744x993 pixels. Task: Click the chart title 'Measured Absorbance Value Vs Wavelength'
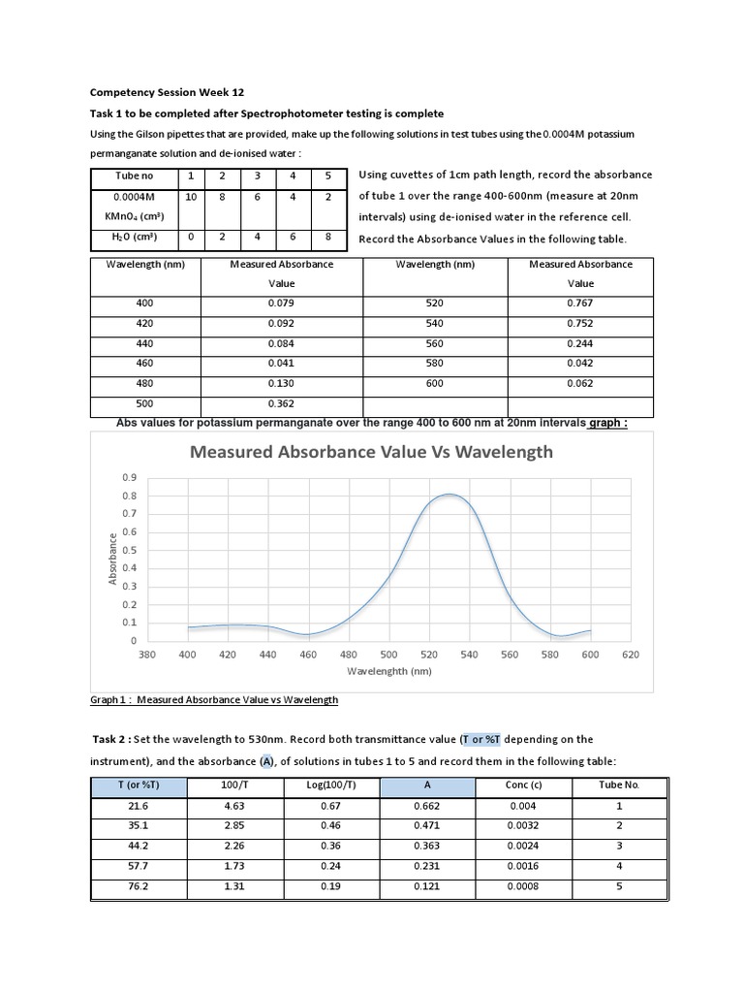(x=371, y=451)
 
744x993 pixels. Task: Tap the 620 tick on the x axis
(x=631, y=654)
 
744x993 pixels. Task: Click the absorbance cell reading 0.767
(x=580, y=303)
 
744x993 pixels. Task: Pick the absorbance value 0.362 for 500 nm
(x=281, y=403)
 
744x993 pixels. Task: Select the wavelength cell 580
(x=435, y=363)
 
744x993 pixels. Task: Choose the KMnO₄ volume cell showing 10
(x=191, y=197)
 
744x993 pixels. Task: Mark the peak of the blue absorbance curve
(x=449, y=495)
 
